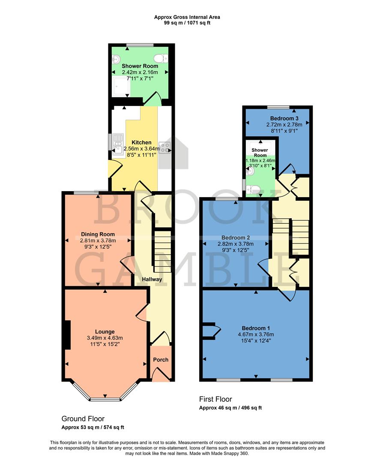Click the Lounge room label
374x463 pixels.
click(x=105, y=331)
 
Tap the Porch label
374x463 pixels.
click(x=161, y=360)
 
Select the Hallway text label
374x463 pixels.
click(x=153, y=280)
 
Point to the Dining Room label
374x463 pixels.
click(x=98, y=234)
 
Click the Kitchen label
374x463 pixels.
click(x=141, y=142)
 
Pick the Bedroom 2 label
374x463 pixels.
click(x=235, y=238)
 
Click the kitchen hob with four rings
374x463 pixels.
click(x=165, y=147)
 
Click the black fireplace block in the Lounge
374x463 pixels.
click(x=67, y=335)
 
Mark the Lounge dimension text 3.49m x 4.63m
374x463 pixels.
click(x=105, y=338)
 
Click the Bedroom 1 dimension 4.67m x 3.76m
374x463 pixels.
click(x=255, y=334)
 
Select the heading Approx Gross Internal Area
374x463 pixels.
click(x=187, y=17)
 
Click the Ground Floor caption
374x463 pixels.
click(x=83, y=418)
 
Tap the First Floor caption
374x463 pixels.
click(x=215, y=399)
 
